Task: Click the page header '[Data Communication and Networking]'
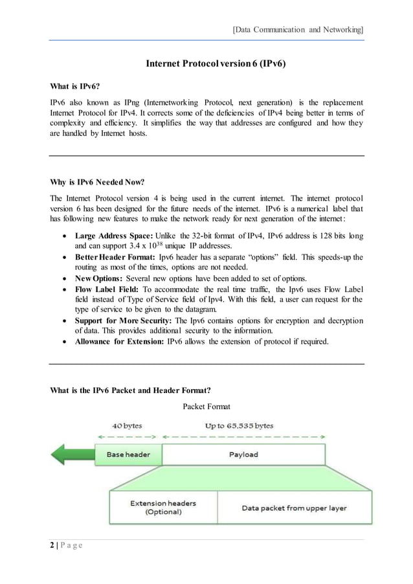297,29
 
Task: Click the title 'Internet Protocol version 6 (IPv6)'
216,64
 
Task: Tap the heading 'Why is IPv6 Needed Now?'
97,182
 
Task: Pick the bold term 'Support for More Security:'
123,322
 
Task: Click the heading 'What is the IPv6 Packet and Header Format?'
130,390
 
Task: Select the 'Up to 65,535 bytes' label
239,426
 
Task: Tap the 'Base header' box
128,455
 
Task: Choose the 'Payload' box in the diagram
243,455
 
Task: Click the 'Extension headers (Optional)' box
163,507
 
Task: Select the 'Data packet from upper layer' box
294,508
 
